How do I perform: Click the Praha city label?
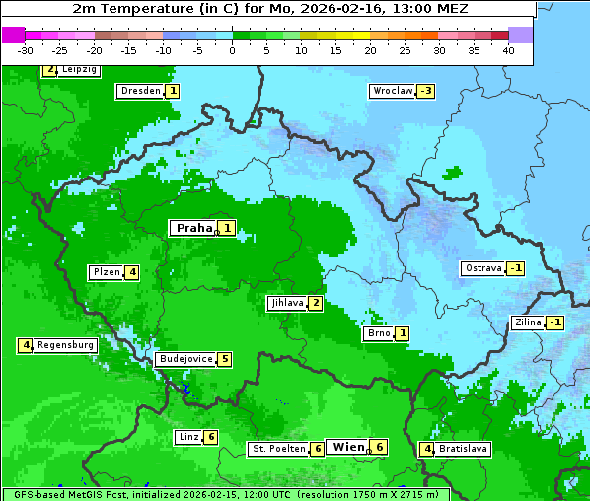pos(193,228)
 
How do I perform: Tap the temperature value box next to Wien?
pos(379,447)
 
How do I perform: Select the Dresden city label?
pos(140,91)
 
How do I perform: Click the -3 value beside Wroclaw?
pos(425,91)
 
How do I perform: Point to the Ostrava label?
pos(483,268)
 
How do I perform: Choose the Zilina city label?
pos(528,322)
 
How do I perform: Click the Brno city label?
pos(379,333)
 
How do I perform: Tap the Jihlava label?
pos(287,303)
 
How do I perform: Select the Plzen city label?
pos(107,272)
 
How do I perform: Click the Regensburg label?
pos(66,345)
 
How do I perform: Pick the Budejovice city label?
pos(185,359)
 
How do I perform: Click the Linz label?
pos(188,437)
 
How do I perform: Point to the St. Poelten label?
pos(277,449)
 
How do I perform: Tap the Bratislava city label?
pos(463,449)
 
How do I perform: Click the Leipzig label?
pos(78,70)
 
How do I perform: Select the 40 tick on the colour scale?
pos(508,50)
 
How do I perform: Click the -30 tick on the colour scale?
pos(26,50)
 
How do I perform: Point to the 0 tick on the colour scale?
pos(232,50)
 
